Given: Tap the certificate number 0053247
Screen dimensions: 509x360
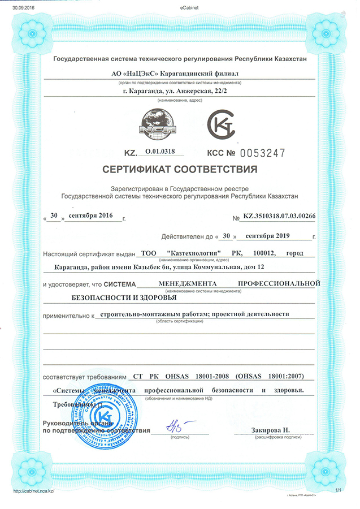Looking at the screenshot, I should click(x=256, y=152).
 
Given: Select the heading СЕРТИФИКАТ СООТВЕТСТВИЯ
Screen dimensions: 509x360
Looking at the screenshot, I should click(x=180, y=169).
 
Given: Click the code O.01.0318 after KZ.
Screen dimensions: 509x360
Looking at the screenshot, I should click(x=161, y=152).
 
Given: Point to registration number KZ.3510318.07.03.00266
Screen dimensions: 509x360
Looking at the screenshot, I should click(x=279, y=217).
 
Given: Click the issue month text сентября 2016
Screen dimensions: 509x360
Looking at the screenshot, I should click(x=91, y=216).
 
